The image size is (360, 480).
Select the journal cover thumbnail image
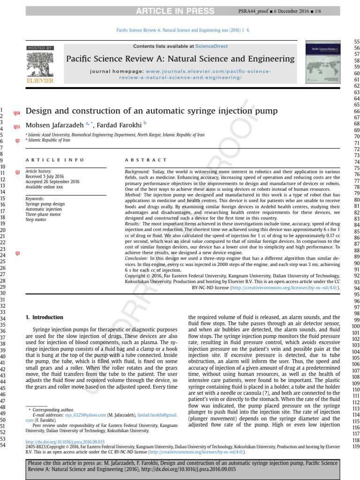(323, 64)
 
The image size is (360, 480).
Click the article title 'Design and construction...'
(151, 111)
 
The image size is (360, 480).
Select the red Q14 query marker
(17, 113)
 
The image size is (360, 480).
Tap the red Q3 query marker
(18, 254)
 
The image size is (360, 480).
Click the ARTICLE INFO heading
(55, 160)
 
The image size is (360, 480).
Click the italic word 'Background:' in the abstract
(137, 172)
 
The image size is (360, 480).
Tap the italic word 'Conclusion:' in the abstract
(137, 258)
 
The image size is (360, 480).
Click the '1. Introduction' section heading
(44, 317)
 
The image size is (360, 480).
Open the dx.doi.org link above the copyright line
(65, 442)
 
